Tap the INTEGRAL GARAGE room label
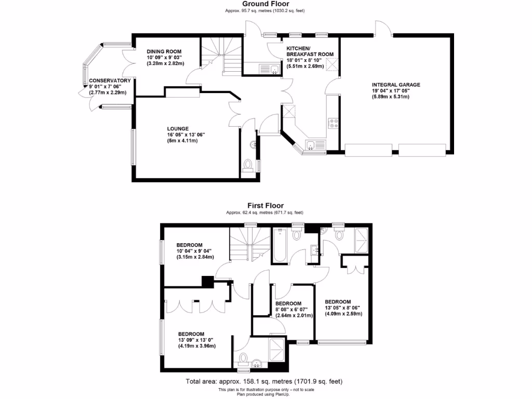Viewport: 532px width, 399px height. tap(395, 85)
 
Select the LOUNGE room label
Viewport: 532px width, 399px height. tap(178, 128)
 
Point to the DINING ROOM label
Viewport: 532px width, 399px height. tap(164, 51)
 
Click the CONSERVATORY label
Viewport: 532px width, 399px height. tap(109, 81)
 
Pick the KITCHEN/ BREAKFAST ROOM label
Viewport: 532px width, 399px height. tap(310, 50)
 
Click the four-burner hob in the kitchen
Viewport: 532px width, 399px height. tap(332, 124)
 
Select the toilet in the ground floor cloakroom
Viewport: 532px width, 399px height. tap(248, 166)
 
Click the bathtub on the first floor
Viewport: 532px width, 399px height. tap(279, 246)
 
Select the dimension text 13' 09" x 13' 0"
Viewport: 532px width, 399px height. tap(197, 340)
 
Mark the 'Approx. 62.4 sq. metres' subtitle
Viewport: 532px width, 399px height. tap(264, 212)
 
